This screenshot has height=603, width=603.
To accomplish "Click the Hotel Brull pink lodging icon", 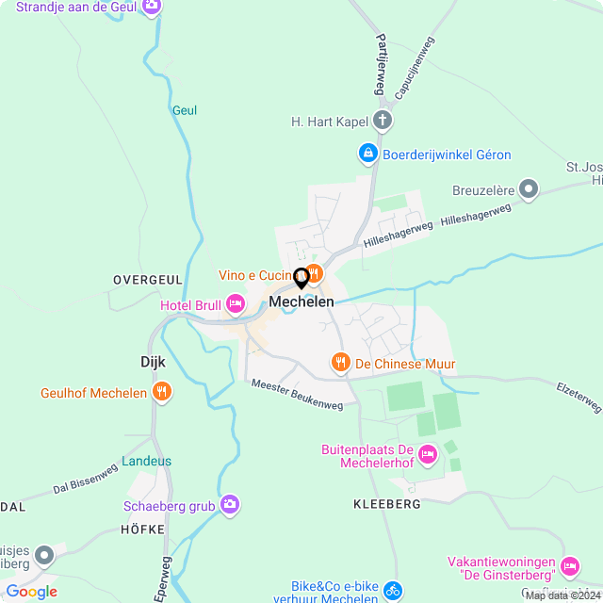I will pyautogui.click(x=235, y=303).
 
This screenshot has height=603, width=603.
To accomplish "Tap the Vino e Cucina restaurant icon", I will pyautogui.click(x=315, y=274).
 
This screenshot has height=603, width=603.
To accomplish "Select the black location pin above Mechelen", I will pyautogui.click(x=301, y=278).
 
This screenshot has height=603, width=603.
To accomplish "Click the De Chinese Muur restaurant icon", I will pyautogui.click(x=339, y=362).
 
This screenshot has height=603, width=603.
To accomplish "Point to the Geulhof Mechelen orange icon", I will pyautogui.click(x=162, y=392).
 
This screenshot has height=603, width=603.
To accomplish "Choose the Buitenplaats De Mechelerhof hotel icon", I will pyautogui.click(x=427, y=455).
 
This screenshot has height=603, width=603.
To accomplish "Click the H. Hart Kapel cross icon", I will pyautogui.click(x=382, y=120).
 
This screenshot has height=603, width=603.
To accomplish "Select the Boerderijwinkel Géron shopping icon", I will pyautogui.click(x=367, y=152).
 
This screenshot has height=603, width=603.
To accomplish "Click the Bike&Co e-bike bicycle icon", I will pyautogui.click(x=392, y=592).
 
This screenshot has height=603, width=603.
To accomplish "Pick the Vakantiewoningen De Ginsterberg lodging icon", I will pyautogui.click(x=569, y=566).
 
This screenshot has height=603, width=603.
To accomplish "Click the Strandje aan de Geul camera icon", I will pyautogui.click(x=150, y=7).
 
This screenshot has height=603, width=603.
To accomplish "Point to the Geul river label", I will pyautogui.click(x=185, y=110).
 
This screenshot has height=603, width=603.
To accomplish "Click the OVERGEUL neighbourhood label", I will pyautogui.click(x=147, y=280).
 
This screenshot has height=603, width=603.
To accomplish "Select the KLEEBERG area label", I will pyautogui.click(x=388, y=504).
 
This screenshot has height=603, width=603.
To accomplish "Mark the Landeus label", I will pyautogui.click(x=146, y=462).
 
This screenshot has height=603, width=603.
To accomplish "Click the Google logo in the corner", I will pyautogui.click(x=31, y=591).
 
